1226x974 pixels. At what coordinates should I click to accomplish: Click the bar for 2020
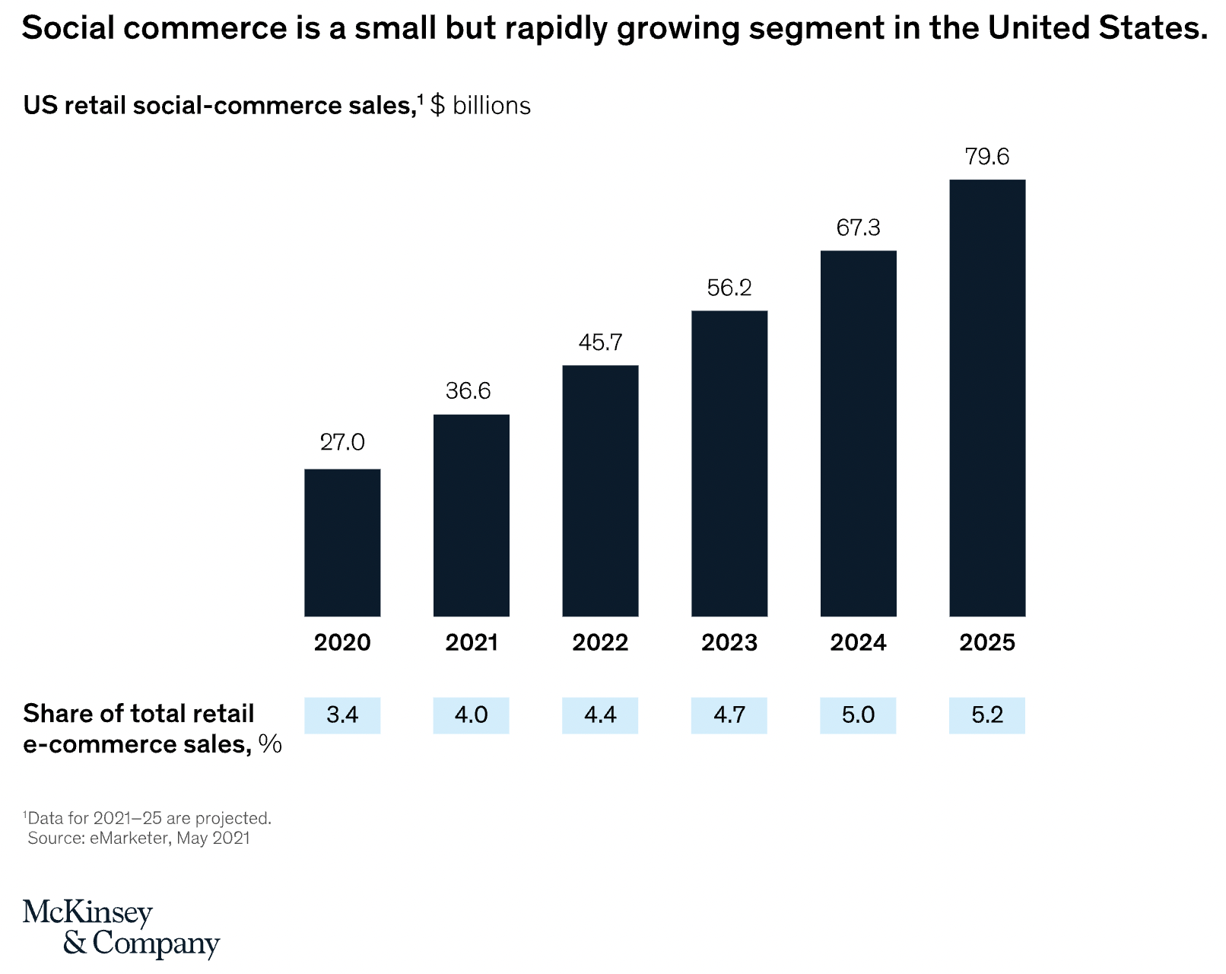coord(342,543)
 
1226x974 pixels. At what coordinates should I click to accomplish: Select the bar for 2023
coord(729,463)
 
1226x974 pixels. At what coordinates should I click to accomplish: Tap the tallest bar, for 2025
coord(987,398)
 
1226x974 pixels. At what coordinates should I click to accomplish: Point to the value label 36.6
coord(468,391)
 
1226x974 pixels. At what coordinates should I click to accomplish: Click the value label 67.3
coord(858,228)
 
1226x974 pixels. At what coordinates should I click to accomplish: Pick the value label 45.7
coord(600,342)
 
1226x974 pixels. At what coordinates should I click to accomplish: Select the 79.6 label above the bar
coord(987,157)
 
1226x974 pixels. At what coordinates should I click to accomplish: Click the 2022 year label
coord(600,643)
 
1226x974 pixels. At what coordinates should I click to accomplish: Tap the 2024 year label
coord(858,643)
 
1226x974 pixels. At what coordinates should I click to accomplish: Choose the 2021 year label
coord(472,643)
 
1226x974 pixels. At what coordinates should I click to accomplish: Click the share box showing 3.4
coord(342,715)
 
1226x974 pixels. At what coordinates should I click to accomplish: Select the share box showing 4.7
coord(729,715)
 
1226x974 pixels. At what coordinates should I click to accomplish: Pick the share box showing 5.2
coord(987,715)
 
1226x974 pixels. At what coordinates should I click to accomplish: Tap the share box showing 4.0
coord(472,715)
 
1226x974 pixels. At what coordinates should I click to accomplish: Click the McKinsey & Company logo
coord(120,928)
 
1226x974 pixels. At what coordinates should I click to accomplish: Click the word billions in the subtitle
coord(491,105)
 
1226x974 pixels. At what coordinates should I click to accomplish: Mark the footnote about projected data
coord(149,819)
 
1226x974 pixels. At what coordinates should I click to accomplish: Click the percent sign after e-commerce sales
coord(270,744)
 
